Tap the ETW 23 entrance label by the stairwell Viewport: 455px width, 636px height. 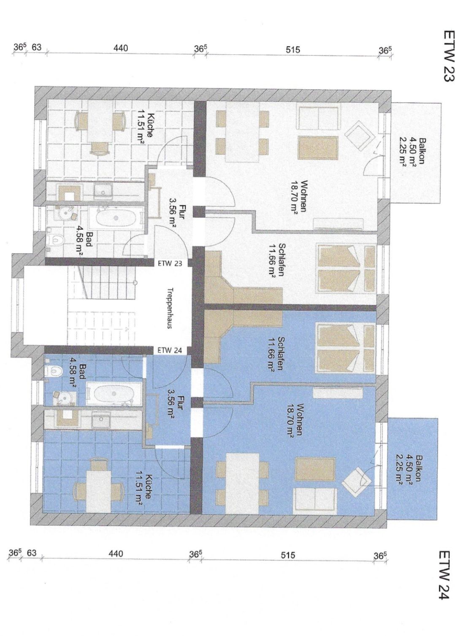point(170,263)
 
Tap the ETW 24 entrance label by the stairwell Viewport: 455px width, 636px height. point(170,350)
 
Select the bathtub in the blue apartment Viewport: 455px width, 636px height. point(114,394)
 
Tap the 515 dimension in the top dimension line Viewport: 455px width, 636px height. point(293,50)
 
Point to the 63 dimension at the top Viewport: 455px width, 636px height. point(36,47)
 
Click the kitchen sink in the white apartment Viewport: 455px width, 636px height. point(103,190)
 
